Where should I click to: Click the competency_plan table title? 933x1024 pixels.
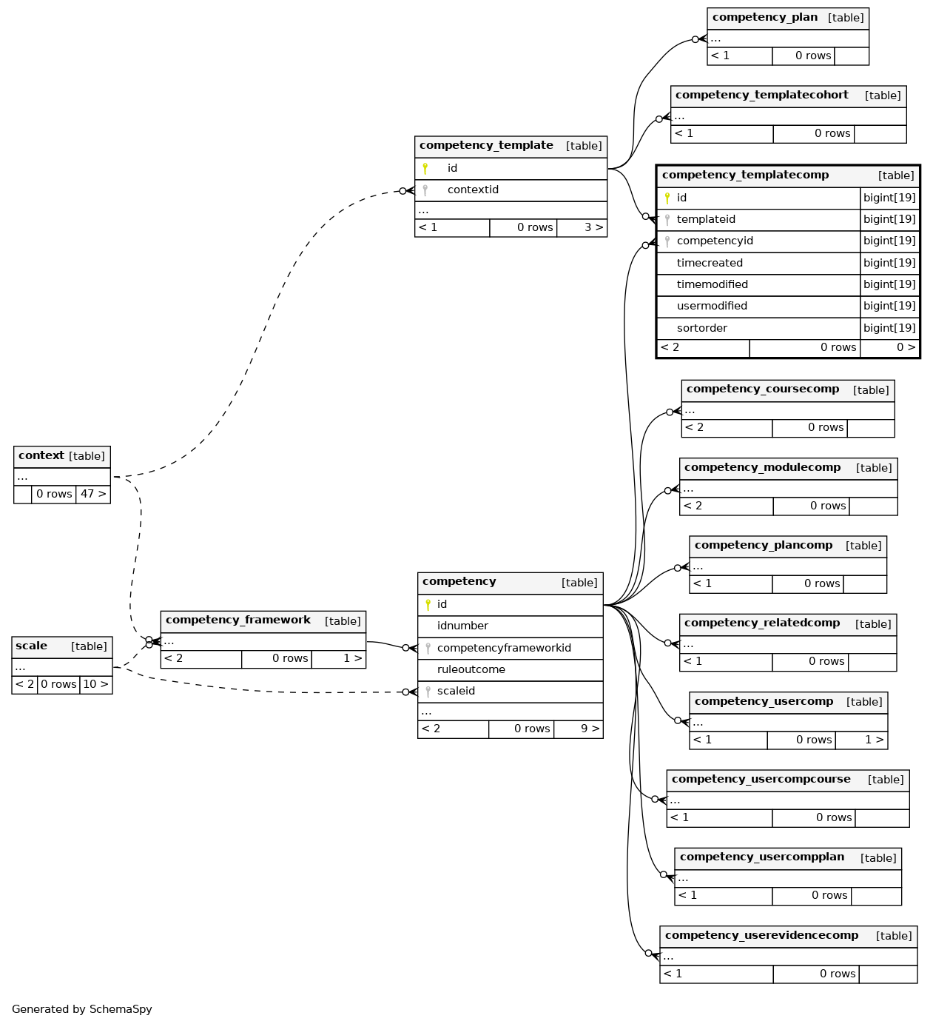764,17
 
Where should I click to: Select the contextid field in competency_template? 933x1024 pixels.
473,190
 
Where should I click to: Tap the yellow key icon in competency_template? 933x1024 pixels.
425,169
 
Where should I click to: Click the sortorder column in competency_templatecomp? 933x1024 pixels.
702,328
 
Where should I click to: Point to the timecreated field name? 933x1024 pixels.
710,263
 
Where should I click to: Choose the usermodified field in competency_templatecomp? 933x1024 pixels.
712,306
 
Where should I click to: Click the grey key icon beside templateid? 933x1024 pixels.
667,220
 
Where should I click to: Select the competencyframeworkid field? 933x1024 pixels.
504,649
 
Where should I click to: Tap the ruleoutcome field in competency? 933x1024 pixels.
471,670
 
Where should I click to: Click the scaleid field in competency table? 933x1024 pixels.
456,691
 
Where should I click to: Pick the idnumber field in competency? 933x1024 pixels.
462,626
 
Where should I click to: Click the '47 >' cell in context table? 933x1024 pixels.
93,494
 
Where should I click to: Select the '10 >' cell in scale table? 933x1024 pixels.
96,685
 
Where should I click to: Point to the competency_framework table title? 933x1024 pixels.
238,620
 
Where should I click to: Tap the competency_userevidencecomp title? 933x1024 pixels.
761,936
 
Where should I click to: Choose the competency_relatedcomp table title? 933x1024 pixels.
762,623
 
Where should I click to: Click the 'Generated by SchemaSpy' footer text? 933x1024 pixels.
82,1009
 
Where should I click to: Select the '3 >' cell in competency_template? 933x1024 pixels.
594,227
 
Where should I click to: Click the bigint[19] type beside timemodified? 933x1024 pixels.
889,284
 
